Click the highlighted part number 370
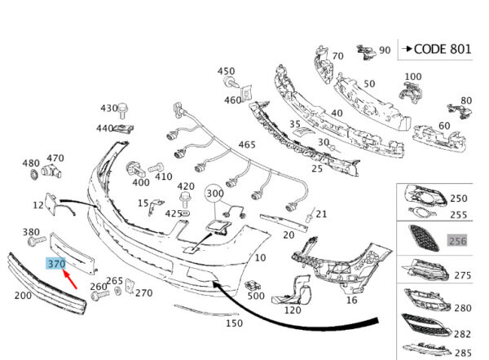(x=56, y=264)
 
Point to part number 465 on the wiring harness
(x=247, y=144)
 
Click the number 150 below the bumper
(x=234, y=323)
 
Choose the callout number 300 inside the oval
(x=214, y=193)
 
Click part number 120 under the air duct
(x=293, y=310)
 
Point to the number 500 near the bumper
(x=256, y=296)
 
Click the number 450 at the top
(x=226, y=72)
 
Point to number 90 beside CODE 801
(x=385, y=50)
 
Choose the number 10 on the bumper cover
(x=260, y=257)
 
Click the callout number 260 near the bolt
(x=98, y=286)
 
